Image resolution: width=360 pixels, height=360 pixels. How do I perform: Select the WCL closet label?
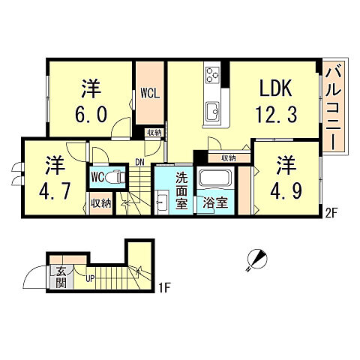tap(148, 94)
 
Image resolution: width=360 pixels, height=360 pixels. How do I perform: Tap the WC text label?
tap(97, 178)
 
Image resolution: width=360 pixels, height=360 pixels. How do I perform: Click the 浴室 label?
tap(214, 203)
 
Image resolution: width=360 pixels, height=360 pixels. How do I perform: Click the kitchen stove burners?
tap(211, 76)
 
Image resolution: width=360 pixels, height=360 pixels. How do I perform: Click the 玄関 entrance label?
tap(58, 278)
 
